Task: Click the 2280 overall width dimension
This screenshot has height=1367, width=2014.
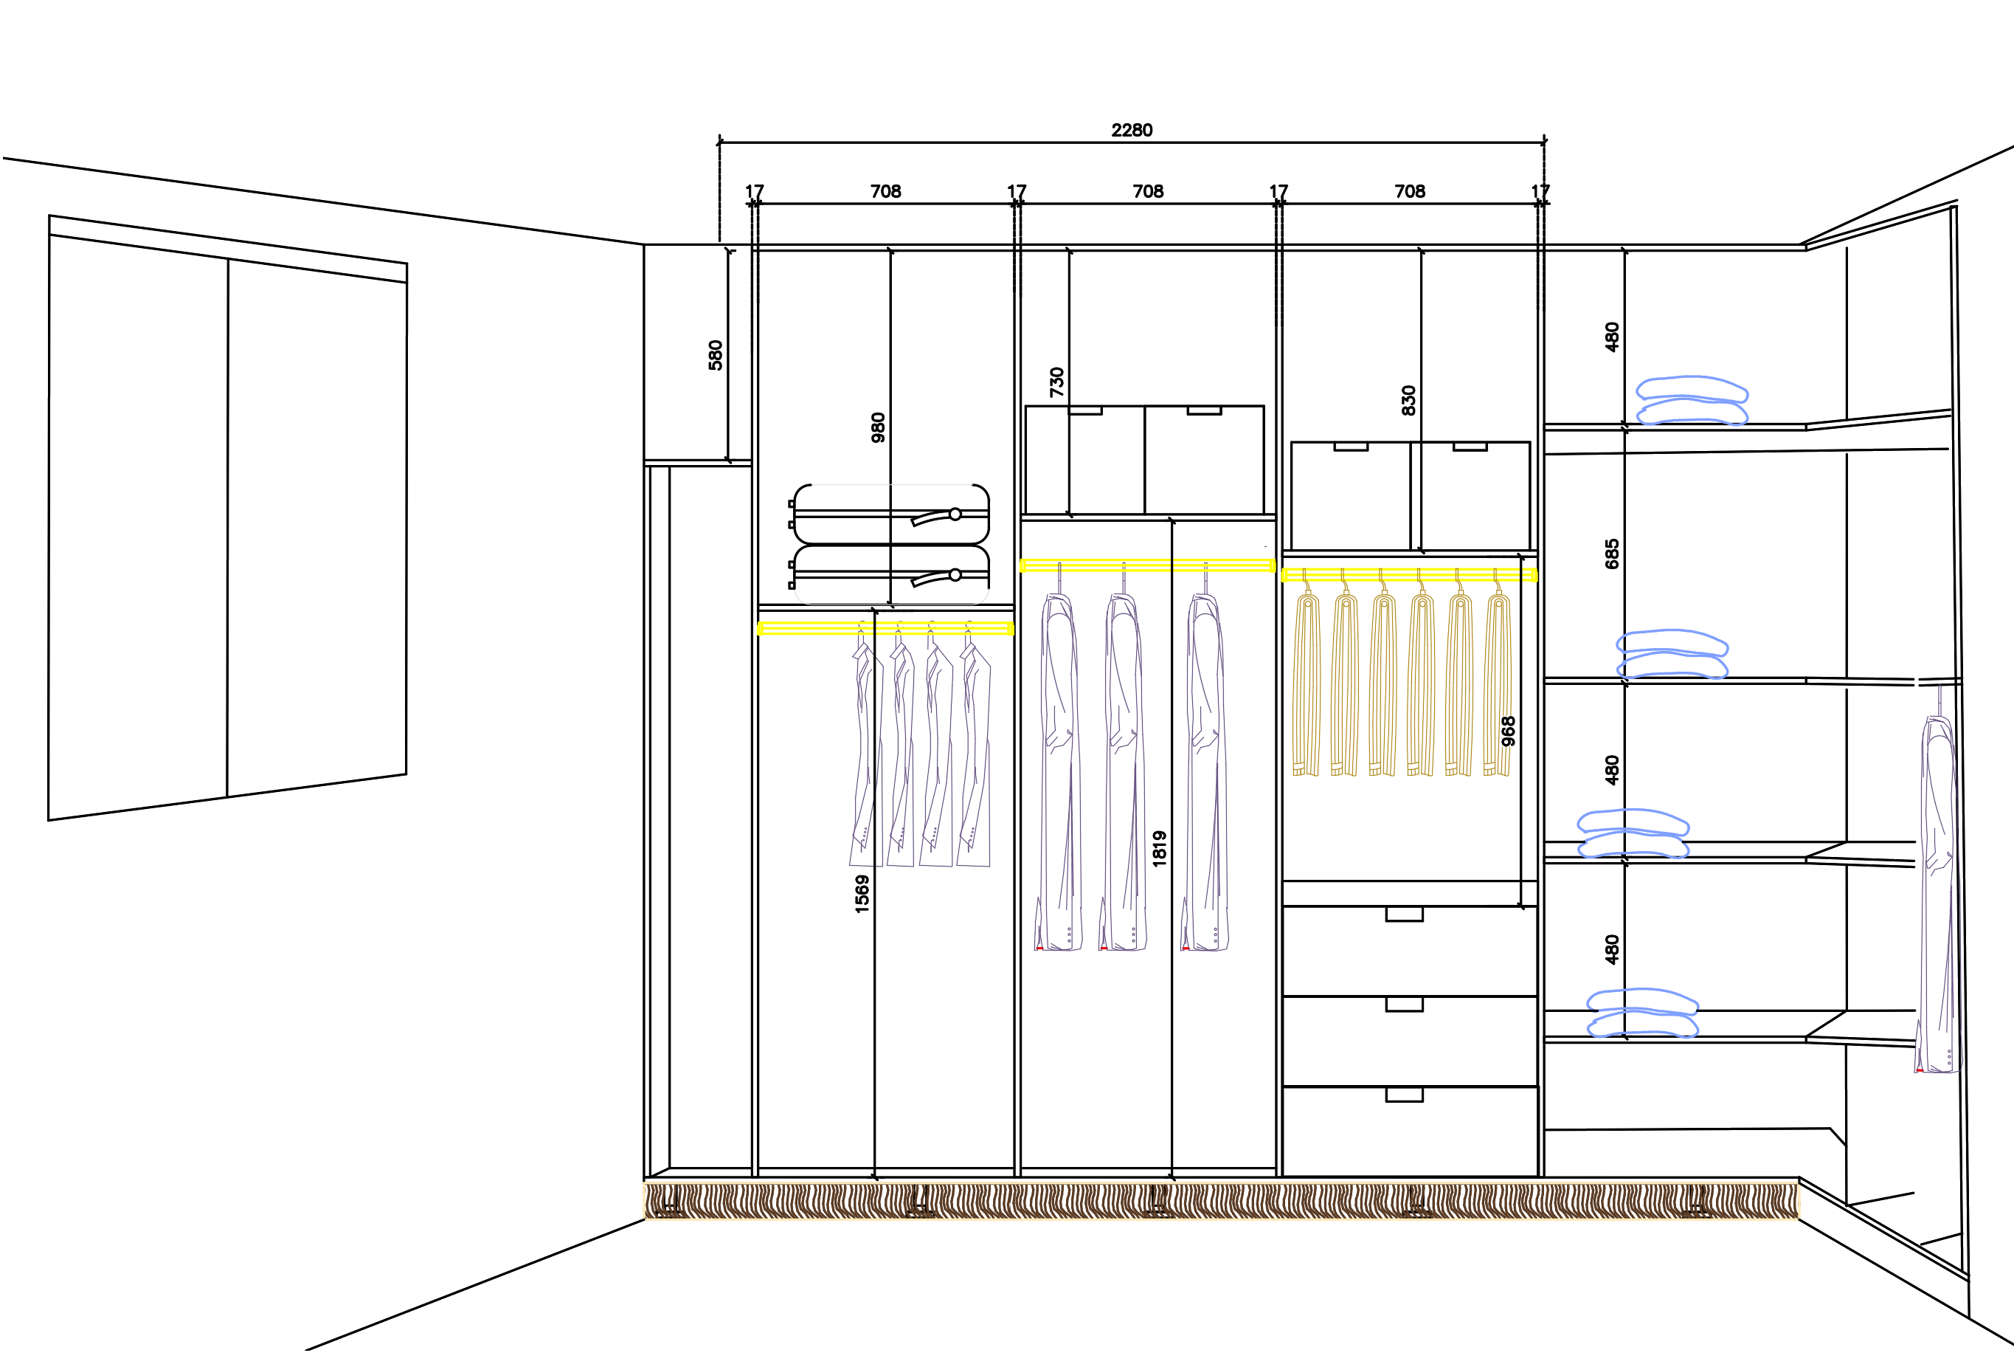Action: point(1131,130)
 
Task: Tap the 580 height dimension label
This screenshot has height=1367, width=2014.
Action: point(715,355)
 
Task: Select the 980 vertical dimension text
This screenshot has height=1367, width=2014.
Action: point(878,427)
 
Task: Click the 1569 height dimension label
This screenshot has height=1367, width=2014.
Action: point(862,894)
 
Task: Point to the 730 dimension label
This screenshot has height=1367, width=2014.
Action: point(1056,382)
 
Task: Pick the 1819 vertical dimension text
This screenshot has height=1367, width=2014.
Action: point(1159,849)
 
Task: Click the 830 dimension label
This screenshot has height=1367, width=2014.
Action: point(1408,401)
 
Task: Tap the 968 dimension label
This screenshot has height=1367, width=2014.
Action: point(1508,731)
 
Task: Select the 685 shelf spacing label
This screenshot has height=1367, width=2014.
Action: point(1611,554)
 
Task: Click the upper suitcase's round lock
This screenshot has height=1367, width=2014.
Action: point(955,514)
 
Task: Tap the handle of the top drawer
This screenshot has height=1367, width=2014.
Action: point(1404,914)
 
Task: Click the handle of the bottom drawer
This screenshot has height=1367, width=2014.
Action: point(1404,1095)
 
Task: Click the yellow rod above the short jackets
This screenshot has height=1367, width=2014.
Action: point(885,628)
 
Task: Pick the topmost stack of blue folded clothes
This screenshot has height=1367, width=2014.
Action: point(1692,401)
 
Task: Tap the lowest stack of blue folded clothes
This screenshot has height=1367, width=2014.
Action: point(1642,1013)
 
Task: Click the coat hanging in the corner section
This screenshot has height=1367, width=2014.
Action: point(1939,893)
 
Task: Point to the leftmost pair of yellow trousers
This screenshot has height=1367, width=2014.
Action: point(1305,685)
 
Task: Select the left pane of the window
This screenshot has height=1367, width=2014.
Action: point(139,520)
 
